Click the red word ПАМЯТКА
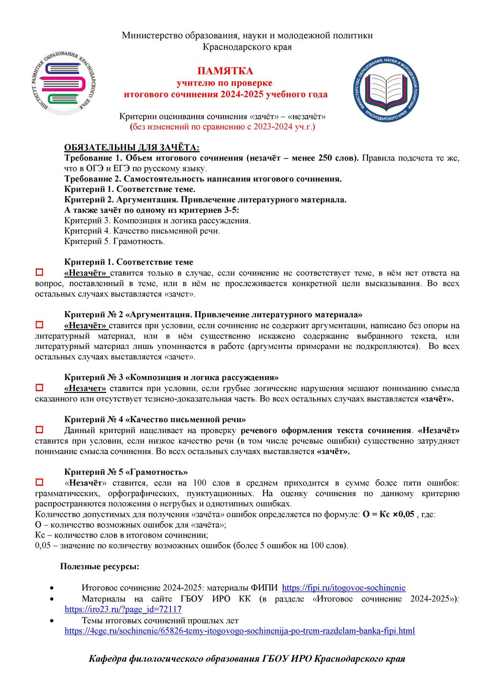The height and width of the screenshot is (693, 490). click(225, 71)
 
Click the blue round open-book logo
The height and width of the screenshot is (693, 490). click(386, 89)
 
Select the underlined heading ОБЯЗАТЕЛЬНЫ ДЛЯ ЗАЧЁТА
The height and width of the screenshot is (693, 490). click(132, 148)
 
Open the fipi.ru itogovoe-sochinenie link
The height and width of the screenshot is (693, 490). click(344, 588)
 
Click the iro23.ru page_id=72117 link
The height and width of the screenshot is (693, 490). click(123, 609)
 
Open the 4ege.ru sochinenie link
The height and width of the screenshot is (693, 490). click(239, 631)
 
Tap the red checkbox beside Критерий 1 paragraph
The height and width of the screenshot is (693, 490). click(40, 273)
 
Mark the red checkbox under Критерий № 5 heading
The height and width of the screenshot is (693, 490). click(40, 482)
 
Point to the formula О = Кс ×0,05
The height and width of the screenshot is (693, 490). click(388, 514)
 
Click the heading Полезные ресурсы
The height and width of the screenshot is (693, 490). click(100, 567)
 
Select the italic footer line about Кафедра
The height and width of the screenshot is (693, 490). click(247, 659)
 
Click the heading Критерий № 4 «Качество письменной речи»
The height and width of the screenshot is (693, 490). click(155, 420)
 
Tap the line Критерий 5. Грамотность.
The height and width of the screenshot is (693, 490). click(114, 241)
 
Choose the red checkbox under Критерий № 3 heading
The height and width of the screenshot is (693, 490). click(40, 388)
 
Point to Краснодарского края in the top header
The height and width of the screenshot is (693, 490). click(247, 47)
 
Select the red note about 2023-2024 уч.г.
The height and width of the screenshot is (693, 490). click(223, 127)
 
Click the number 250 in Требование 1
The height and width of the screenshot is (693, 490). click(325, 158)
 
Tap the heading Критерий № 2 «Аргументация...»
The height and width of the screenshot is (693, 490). click(213, 315)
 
